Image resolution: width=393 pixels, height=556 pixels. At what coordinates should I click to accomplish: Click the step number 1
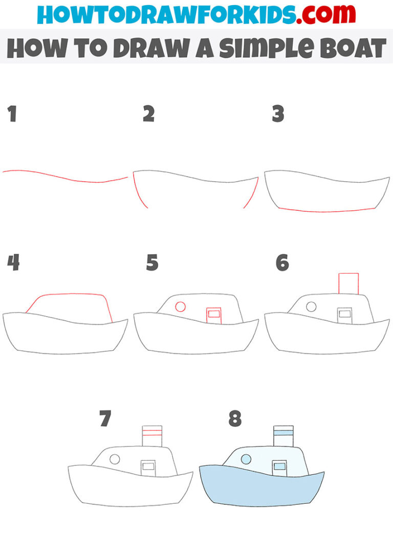pyautogui.click(x=12, y=114)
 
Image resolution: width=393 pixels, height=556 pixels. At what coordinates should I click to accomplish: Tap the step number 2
pyautogui.click(x=148, y=114)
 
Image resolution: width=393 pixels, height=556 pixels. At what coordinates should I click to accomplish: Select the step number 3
pyautogui.click(x=278, y=114)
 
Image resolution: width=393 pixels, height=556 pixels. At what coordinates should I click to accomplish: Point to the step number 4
pyautogui.click(x=13, y=263)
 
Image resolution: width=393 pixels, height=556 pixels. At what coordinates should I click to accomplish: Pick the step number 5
pyautogui.click(x=152, y=263)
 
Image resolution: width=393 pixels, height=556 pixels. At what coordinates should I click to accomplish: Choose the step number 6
pyautogui.click(x=282, y=263)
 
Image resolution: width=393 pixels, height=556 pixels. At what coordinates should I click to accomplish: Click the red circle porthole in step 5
pyautogui.click(x=180, y=307)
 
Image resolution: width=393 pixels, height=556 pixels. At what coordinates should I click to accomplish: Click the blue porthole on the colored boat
pyautogui.click(x=246, y=459)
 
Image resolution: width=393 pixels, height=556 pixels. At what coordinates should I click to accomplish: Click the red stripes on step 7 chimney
pyautogui.click(x=152, y=433)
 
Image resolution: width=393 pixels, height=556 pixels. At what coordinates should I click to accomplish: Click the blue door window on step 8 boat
pyautogui.click(x=279, y=465)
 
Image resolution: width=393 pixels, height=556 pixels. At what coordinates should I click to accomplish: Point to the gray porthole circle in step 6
pyautogui.click(x=311, y=307)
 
